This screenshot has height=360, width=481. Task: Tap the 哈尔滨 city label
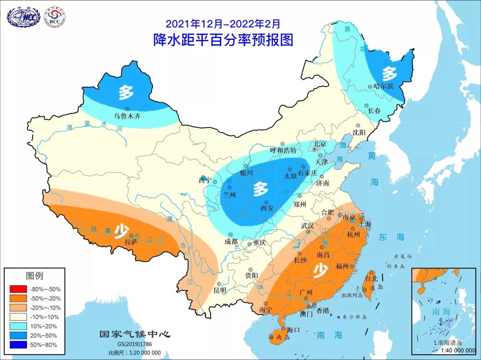tap(383, 87)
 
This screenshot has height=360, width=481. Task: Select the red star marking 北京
tap(315, 150)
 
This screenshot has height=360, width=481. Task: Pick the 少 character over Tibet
tap(120, 234)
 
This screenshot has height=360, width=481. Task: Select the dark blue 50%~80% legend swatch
tap(18, 345)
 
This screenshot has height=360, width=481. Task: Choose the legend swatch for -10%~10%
tap(18, 317)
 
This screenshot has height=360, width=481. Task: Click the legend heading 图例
tap(34, 276)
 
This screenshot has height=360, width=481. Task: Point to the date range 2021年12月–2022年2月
tap(222, 23)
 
